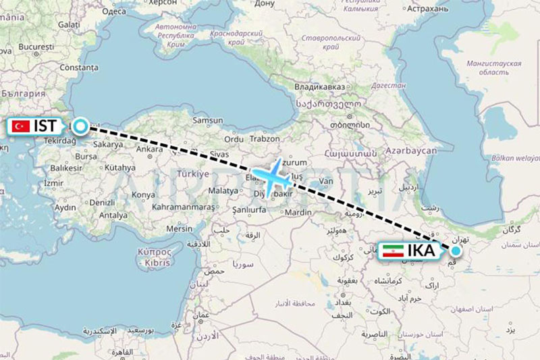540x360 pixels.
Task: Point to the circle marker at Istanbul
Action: (x=81, y=126)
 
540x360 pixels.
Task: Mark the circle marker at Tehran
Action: (x=456, y=251)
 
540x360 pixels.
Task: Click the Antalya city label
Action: (x=112, y=215)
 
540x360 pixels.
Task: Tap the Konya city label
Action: (x=143, y=195)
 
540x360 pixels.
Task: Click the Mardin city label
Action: (x=298, y=212)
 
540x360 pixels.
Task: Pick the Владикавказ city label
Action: (x=319, y=87)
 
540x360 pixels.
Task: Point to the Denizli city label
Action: (x=102, y=202)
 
